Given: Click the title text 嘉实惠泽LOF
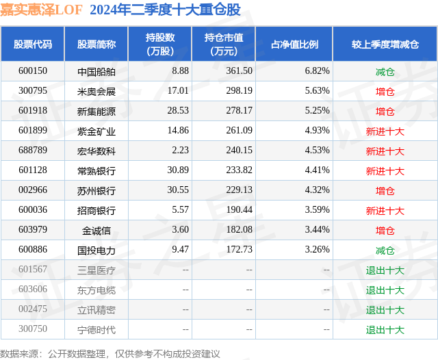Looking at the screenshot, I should pos(40,10).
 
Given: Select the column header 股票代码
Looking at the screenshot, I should pos(32,44).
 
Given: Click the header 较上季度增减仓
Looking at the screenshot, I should pos(385,44).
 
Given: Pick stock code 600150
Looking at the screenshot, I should pos(32,71).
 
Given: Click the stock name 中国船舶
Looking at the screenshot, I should pos(96,71).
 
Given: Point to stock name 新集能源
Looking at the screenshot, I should pos(96,111).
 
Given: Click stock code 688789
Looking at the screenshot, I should pos(32,151).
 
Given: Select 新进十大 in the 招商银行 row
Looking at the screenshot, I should pos(385,211).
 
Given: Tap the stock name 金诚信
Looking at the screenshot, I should pos(96,231).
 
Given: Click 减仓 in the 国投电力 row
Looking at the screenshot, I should pos(385,250).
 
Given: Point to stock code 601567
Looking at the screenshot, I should pos(32,270).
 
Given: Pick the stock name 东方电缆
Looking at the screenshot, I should pos(96,290).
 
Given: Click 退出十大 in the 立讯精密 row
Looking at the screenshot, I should pos(385,310).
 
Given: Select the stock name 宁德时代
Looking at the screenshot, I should pos(96,330).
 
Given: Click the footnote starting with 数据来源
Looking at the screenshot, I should pos(110,353).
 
